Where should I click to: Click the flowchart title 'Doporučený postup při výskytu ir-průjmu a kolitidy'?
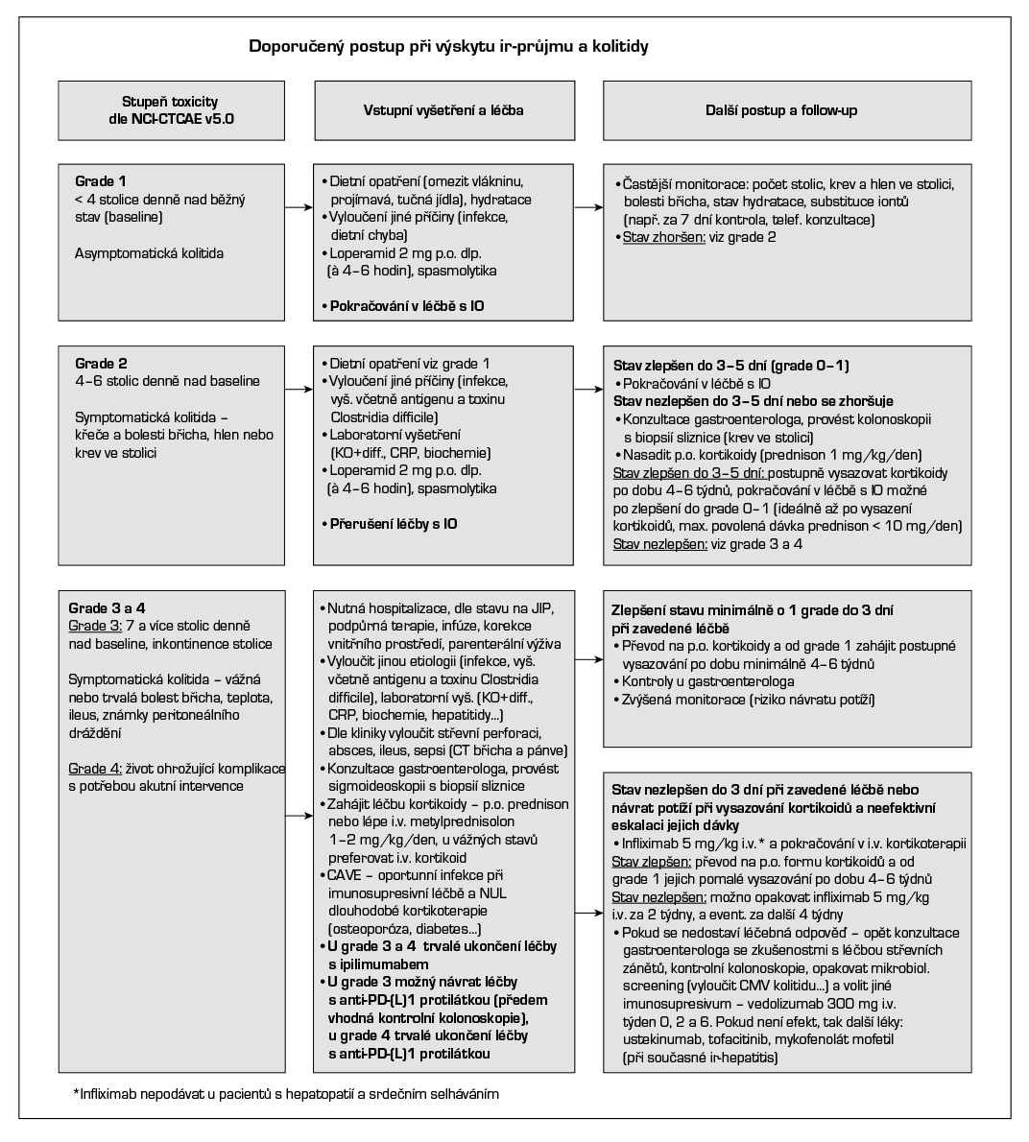click(x=448, y=45)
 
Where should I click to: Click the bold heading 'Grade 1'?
click(x=100, y=181)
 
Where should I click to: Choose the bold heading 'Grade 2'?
click(x=100, y=364)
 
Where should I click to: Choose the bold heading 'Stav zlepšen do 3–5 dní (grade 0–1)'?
click(x=730, y=366)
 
